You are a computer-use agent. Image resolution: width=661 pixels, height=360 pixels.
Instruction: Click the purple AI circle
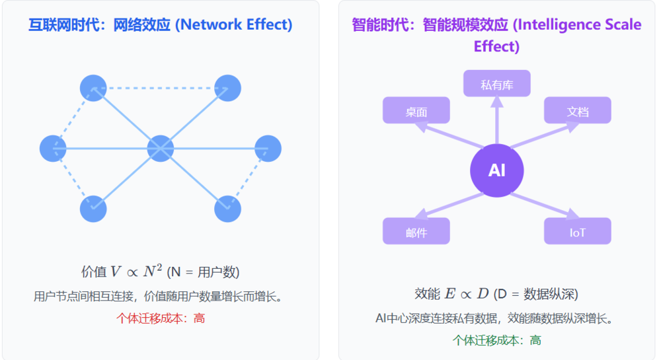click(496, 170)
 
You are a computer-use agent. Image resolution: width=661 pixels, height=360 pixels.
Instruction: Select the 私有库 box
click(496, 84)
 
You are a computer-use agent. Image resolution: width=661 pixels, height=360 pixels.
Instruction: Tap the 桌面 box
click(416, 111)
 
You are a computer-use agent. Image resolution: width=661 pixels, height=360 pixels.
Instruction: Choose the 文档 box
click(577, 111)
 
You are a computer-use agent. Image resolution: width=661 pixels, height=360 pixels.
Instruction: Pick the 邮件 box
click(416, 232)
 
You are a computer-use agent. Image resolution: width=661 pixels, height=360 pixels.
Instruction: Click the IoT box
click(577, 232)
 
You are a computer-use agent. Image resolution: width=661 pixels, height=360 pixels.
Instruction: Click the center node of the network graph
click(160, 148)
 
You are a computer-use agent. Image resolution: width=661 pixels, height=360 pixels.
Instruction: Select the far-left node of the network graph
click(54, 148)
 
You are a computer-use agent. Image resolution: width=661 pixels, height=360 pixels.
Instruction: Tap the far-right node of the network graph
click(268, 148)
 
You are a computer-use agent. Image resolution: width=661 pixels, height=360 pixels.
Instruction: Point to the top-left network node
click(93, 88)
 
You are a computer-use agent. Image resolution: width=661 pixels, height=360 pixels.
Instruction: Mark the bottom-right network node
click(227, 209)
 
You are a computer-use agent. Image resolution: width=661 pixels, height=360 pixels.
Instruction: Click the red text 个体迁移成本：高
click(161, 318)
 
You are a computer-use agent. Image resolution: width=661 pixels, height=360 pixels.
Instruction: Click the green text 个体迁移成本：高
click(496, 340)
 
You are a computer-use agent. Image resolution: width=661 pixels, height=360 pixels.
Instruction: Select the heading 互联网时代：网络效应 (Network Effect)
click(161, 25)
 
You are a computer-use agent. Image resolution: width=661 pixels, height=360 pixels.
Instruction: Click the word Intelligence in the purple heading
click(553, 25)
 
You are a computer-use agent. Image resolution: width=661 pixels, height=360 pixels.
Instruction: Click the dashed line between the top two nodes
click(160, 88)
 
